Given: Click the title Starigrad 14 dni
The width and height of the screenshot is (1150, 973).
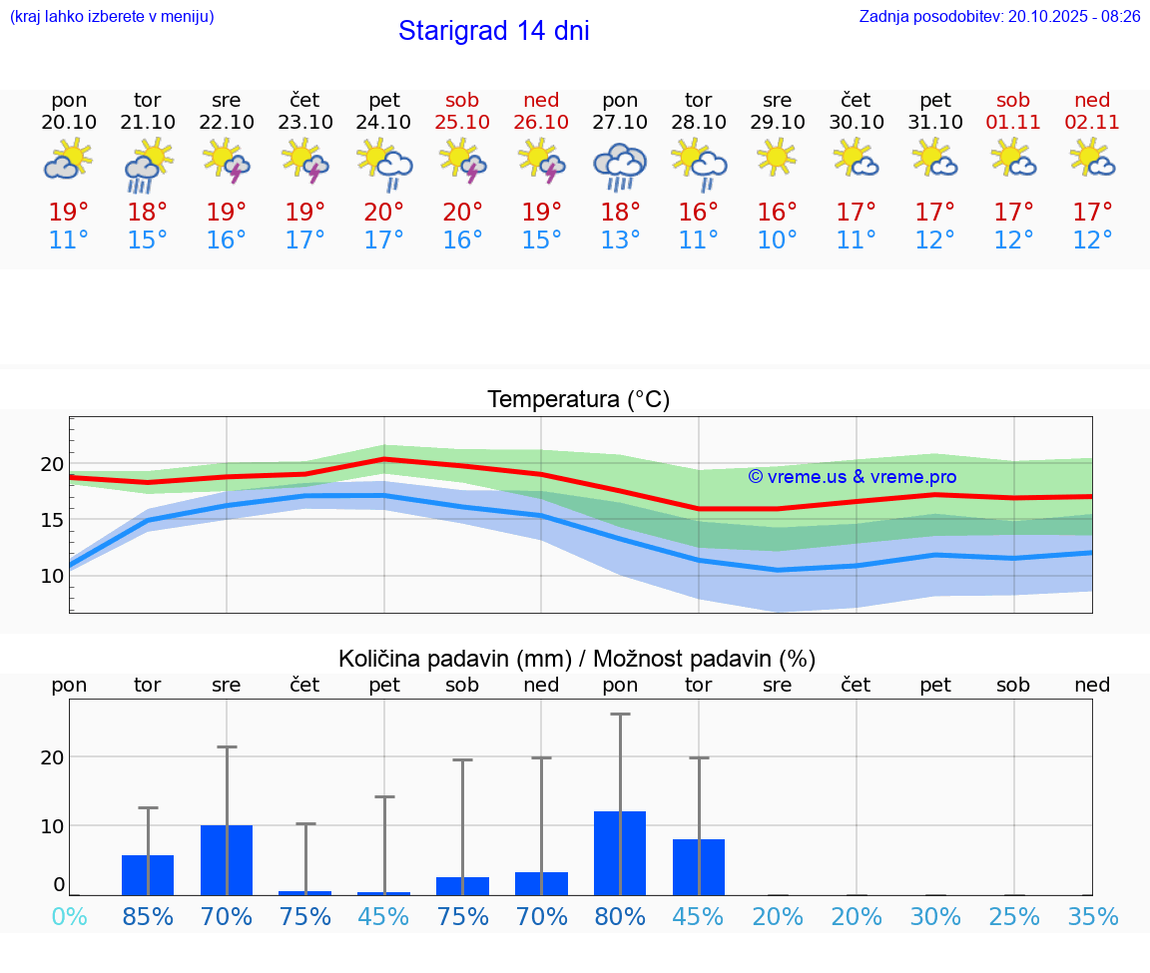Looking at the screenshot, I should pyautogui.click(x=493, y=31).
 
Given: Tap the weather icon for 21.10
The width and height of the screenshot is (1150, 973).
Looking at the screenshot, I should pyautogui.click(x=148, y=166).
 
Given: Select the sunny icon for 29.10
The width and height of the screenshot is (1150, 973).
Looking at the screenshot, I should pyautogui.click(x=777, y=158).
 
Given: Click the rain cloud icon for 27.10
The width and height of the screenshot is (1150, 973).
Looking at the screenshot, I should pyautogui.click(x=620, y=166).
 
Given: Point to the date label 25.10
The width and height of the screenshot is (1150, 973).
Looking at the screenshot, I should pyautogui.click(x=462, y=122).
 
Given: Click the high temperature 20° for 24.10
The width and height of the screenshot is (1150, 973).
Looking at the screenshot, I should pyautogui.click(x=384, y=212).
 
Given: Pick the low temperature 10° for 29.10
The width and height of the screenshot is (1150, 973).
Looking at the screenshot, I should pyautogui.click(x=777, y=241).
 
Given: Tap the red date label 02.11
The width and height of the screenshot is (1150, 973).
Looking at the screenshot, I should pyautogui.click(x=1092, y=122).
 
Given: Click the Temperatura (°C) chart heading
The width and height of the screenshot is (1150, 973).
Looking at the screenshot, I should pyautogui.click(x=578, y=400).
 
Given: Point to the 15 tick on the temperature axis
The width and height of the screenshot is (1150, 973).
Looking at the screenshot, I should pyautogui.click(x=52, y=520).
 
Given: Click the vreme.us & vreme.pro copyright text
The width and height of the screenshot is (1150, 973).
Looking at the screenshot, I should pyautogui.click(x=852, y=477).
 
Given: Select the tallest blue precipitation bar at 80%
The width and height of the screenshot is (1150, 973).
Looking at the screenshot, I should pyautogui.click(x=620, y=853).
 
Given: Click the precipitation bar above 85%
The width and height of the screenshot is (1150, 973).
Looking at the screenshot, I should pyautogui.click(x=148, y=875).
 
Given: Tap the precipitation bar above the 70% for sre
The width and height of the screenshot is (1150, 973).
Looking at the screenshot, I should pyautogui.click(x=227, y=860).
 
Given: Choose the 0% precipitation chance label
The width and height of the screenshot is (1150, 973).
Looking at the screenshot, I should pyautogui.click(x=69, y=917).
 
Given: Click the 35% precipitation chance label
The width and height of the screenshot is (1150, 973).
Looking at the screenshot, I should pyautogui.click(x=1092, y=917).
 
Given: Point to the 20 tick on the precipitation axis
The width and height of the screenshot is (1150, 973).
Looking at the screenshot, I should pyautogui.click(x=52, y=756).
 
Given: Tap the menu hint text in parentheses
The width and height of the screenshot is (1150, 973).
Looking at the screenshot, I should pyautogui.click(x=112, y=17).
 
